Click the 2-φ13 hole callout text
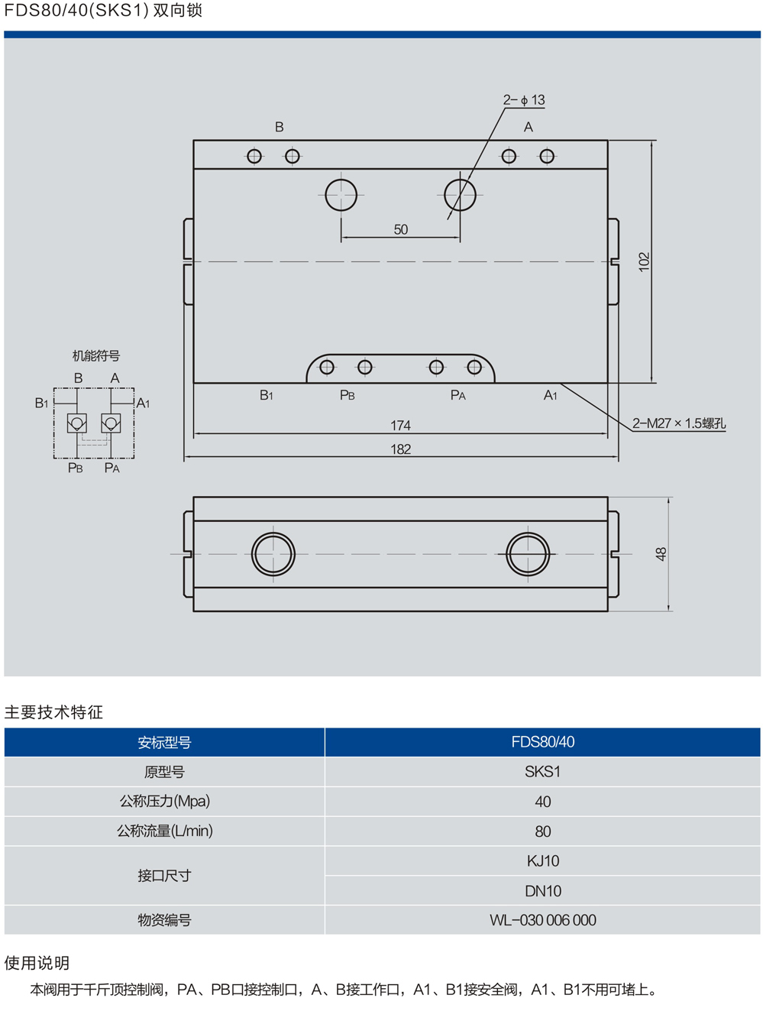click(x=524, y=100)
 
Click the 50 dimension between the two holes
click(x=401, y=229)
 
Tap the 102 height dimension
click(x=645, y=261)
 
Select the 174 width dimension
click(x=400, y=425)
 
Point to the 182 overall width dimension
click(x=400, y=449)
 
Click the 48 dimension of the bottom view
click(x=661, y=554)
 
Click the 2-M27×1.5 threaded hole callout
click(x=679, y=423)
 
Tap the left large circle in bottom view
click(x=273, y=554)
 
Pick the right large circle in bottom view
click(x=528, y=554)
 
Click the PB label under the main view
click(x=348, y=395)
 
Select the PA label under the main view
click(x=458, y=395)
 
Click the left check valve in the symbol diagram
click(x=77, y=423)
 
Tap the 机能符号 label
click(x=96, y=355)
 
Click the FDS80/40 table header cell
click(x=542, y=742)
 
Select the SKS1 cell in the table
click(x=542, y=772)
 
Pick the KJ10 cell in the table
click(x=542, y=861)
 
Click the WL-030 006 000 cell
click(x=542, y=920)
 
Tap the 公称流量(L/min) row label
click(x=164, y=831)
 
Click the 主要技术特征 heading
click(x=53, y=712)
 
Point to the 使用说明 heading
click(x=37, y=963)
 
